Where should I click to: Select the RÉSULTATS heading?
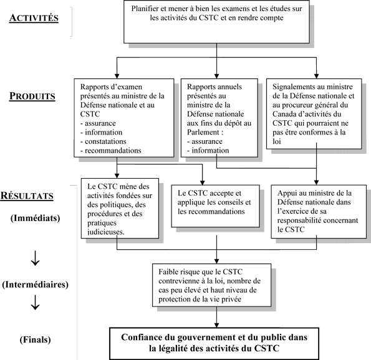[36, 196]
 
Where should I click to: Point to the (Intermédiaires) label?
[36, 285]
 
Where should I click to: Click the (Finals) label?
[36, 339]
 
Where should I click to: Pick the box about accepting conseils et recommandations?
[215, 202]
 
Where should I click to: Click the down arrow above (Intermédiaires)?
[36, 257]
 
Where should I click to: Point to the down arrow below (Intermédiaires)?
[36, 304]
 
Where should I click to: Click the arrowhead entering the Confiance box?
[216, 324]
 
